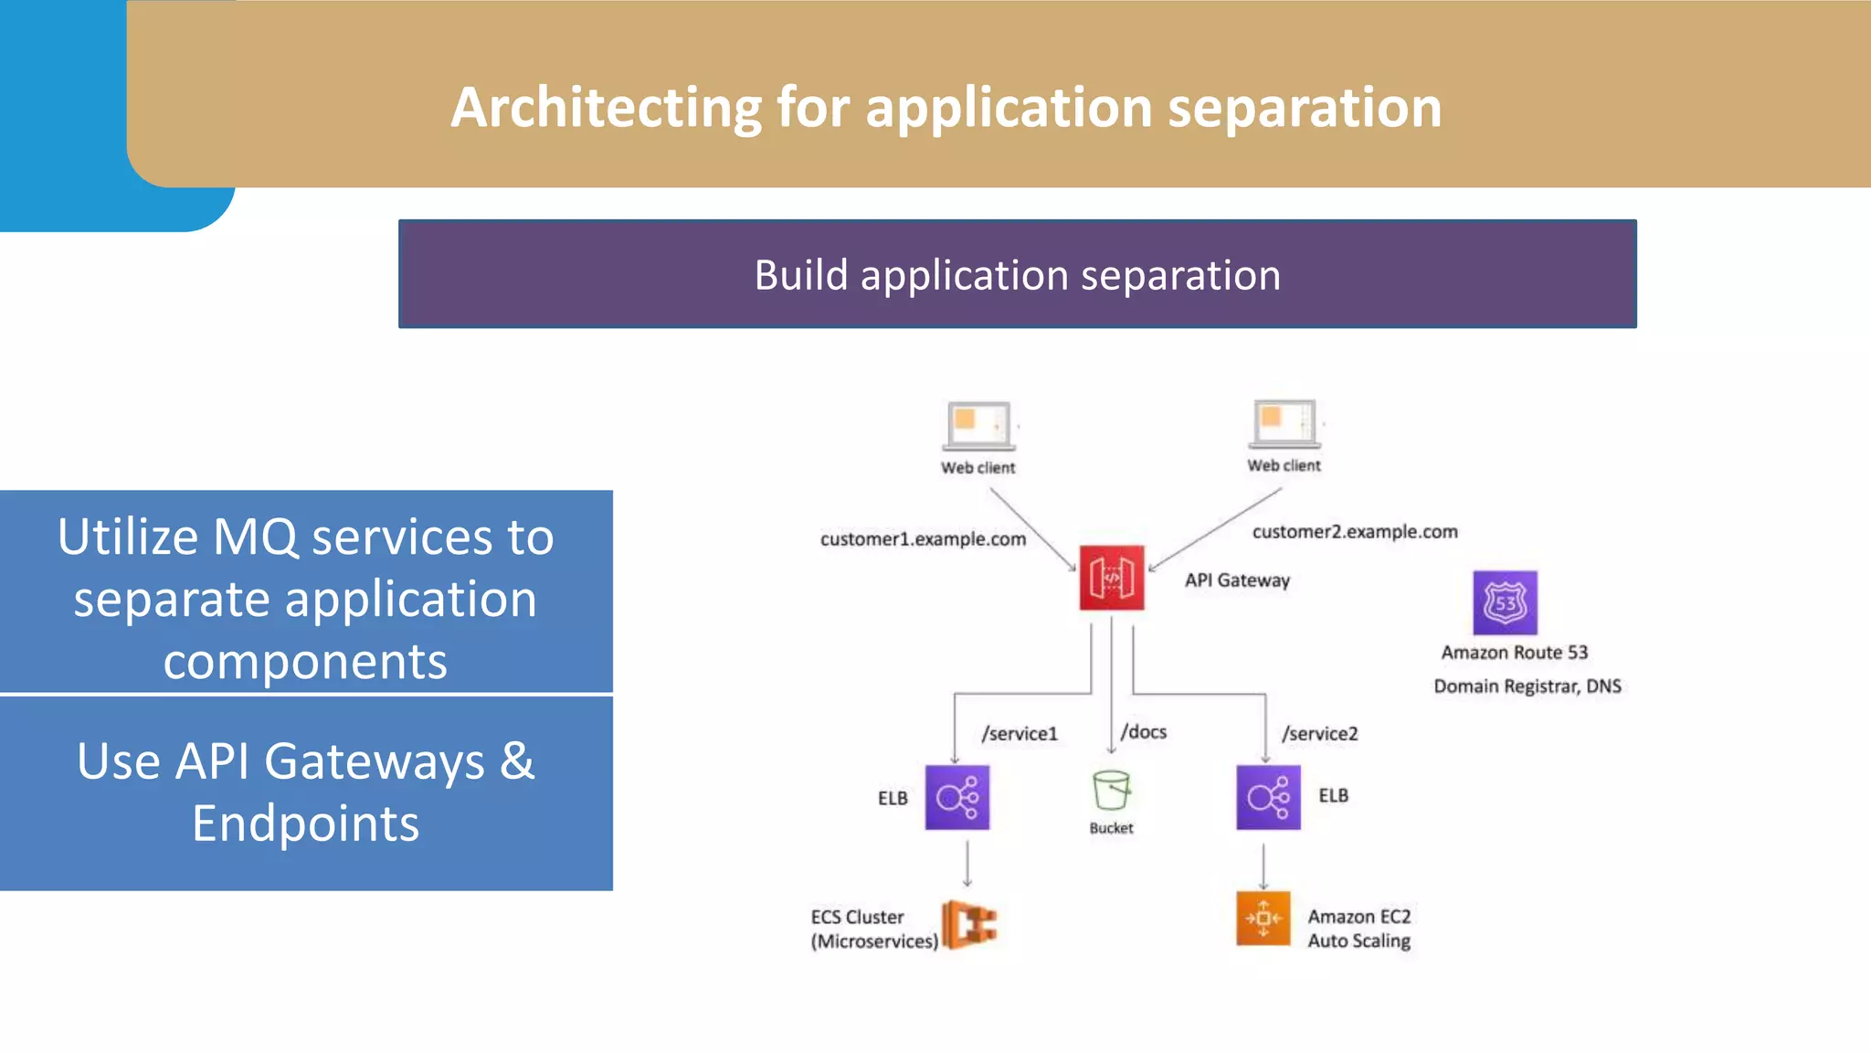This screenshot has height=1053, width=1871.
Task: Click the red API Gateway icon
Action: (x=1111, y=578)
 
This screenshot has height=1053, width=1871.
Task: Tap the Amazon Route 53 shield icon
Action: (x=1505, y=602)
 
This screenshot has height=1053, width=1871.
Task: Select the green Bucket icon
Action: (x=1111, y=791)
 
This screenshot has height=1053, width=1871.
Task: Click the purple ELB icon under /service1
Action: (x=957, y=797)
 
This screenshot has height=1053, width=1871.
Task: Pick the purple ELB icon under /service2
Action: (x=1268, y=797)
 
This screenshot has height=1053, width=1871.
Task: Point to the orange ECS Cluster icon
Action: (x=970, y=924)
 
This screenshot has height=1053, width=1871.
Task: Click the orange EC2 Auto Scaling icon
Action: (x=1263, y=919)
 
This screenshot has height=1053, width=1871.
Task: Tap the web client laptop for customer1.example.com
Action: (x=978, y=426)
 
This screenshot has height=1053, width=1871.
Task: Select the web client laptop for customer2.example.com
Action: (x=1284, y=423)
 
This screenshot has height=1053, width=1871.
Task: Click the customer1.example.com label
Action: (x=923, y=539)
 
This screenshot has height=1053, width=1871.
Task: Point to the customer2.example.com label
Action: (x=1355, y=532)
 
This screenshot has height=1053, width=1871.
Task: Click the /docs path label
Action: (x=1144, y=732)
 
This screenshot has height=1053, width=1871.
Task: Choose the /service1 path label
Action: (x=1020, y=734)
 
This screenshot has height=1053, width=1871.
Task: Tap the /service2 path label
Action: (x=1320, y=734)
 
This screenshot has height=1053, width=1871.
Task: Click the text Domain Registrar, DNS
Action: (x=1527, y=686)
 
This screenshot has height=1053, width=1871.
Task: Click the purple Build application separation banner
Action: (x=1017, y=274)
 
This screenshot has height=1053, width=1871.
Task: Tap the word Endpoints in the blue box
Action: (x=305, y=824)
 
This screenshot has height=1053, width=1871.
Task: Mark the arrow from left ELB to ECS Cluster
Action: (x=967, y=864)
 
